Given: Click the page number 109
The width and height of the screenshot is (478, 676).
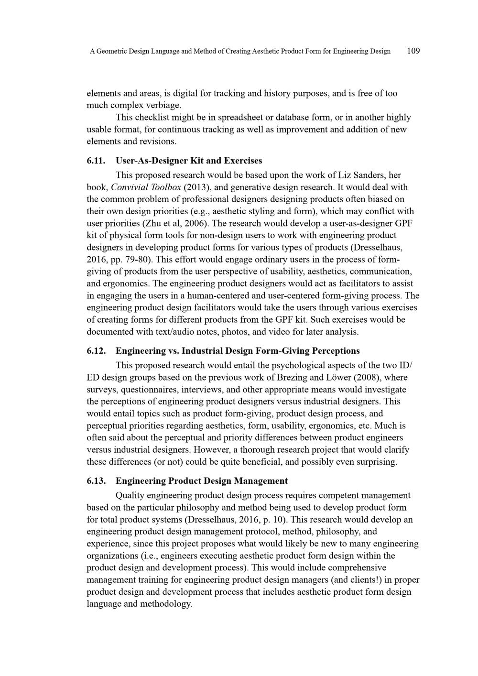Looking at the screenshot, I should pos(413,51).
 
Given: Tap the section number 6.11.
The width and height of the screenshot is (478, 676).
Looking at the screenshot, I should pos(96,161).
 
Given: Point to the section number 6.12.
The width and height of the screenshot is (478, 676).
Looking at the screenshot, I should pos(96,351).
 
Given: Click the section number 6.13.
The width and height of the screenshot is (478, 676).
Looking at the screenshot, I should pos(96,481).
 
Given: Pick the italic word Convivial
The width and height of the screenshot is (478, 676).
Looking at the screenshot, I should pos(129,187).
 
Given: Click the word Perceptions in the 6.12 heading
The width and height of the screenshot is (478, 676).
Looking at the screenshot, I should pos(335,351).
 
